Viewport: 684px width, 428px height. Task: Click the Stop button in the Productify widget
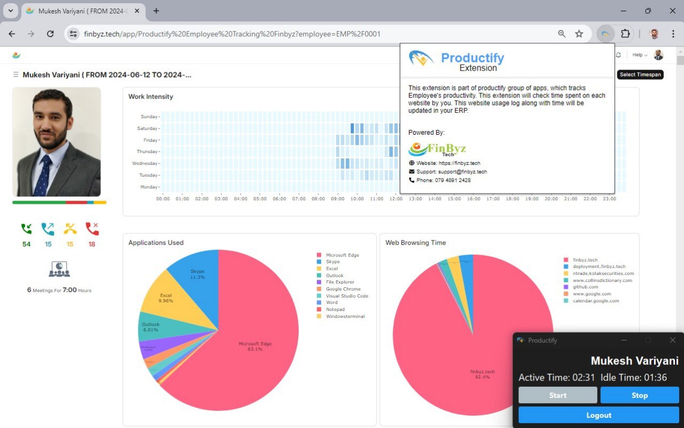point(640,395)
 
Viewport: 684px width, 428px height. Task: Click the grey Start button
point(557,395)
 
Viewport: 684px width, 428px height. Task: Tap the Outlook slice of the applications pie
point(151,327)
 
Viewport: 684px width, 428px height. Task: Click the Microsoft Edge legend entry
point(342,255)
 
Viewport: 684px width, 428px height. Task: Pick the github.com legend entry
point(585,287)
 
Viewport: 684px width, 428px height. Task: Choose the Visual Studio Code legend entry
point(347,296)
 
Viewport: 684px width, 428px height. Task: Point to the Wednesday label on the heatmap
point(144,163)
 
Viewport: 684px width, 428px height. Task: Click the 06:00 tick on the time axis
point(279,199)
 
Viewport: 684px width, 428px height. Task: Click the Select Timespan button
point(640,74)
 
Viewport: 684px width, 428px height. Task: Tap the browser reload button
point(50,34)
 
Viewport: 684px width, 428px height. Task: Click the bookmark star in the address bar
point(579,34)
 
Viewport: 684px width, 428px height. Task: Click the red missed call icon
point(92,230)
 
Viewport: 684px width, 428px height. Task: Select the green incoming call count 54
point(26,244)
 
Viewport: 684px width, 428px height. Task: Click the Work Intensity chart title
point(151,97)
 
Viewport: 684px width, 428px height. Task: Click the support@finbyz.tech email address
point(462,172)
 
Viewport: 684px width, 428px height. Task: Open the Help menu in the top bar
point(639,55)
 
